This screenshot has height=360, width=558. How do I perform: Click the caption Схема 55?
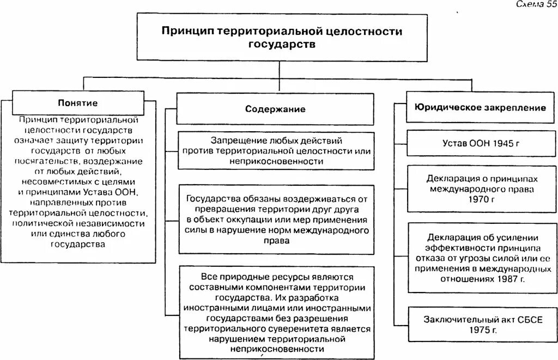pyautogui.click(x=533, y=4)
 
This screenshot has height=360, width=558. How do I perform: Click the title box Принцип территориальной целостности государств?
pyautogui.click(x=281, y=37)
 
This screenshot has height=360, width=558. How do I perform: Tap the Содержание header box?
pyautogui.click(x=275, y=109)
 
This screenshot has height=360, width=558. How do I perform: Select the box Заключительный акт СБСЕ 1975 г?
pyautogui.click(x=480, y=325)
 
